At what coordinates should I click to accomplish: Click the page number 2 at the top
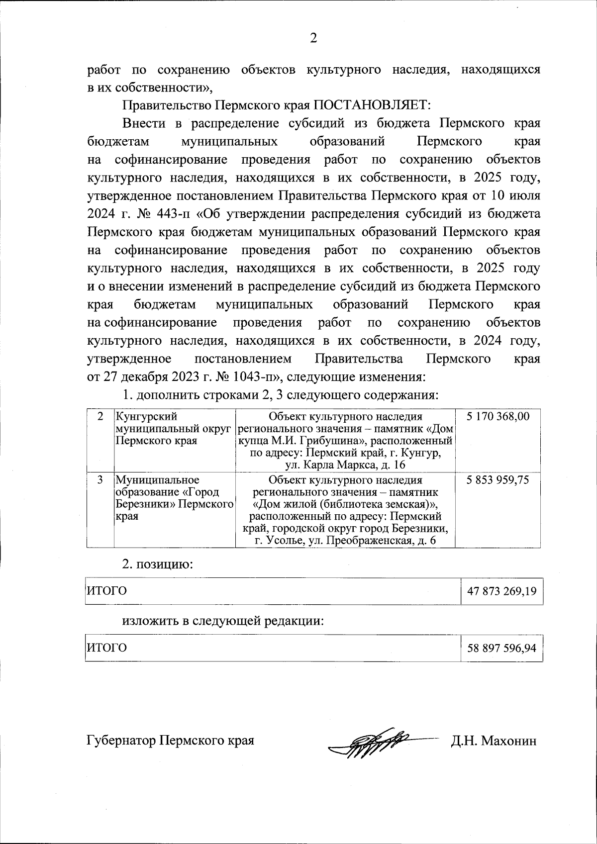[313, 38]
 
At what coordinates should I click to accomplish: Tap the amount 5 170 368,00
[498, 417]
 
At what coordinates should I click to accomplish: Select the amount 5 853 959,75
[498, 480]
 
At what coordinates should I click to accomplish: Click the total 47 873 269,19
[501, 592]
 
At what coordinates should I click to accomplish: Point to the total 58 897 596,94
[501, 649]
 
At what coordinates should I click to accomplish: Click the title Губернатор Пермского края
[170, 741]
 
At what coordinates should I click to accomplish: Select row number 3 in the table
[100, 480]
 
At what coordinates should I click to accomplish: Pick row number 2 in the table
[100, 417]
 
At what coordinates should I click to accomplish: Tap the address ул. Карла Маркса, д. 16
[345, 465]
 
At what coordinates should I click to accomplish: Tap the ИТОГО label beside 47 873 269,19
[107, 591]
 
